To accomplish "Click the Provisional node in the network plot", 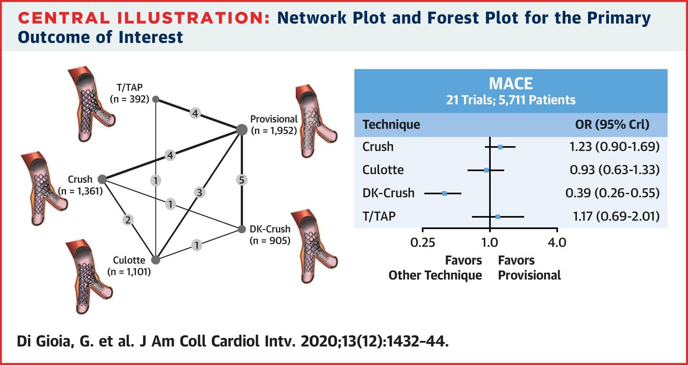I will [x=242, y=128].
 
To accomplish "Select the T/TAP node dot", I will [x=156, y=99].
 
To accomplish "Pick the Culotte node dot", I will [x=156, y=260].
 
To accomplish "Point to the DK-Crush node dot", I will [x=241, y=230].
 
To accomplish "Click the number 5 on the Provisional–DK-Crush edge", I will [x=242, y=180].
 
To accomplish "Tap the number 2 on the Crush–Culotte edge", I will [x=128, y=219].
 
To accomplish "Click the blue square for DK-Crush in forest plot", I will [x=445, y=193].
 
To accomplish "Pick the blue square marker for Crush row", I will [x=500, y=147].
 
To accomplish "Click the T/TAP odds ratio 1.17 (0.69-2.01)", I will [x=613, y=217].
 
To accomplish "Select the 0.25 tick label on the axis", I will [x=423, y=242].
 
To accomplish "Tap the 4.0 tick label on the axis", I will [x=556, y=242].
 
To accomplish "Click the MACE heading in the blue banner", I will [x=511, y=84].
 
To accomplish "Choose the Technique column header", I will [x=391, y=125].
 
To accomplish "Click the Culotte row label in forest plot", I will [x=383, y=170].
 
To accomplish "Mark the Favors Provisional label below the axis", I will [x=529, y=268].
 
